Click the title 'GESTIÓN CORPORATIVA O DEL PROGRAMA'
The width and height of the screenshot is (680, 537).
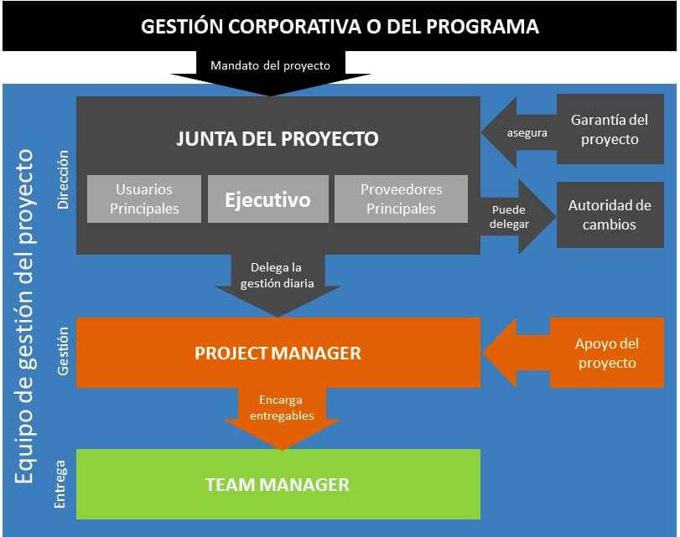click(x=340, y=27)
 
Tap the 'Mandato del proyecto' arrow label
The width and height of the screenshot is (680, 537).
click(x=270, y=65)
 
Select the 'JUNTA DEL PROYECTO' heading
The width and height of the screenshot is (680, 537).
click(x=278, y=139)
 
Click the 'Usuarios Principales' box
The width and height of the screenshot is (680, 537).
click(x=144, y=199)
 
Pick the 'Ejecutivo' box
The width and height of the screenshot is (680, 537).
click(x=268, y=199)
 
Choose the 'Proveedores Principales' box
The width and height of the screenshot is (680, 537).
click(x=401, y=199)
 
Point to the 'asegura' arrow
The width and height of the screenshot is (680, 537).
click(x=519, y=132)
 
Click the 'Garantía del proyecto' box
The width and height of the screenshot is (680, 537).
click(x=610, y=129)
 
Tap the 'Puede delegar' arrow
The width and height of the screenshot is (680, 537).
click(x=517, y=216)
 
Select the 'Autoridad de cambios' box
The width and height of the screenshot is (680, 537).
click(x=610, y=215)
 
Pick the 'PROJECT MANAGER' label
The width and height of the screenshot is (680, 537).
click(x=278, y=353)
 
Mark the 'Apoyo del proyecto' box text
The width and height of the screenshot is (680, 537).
click(x=607, y=353)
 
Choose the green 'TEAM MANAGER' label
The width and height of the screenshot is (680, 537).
click(x=278, y=484)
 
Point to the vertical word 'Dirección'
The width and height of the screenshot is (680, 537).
click(x=64, y=179)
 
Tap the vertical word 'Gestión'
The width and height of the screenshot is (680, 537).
click(x=64, y=351)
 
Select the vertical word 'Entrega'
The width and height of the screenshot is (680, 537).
click(x=60, y=484)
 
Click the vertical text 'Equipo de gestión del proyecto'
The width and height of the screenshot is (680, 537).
click(x=23, y=317)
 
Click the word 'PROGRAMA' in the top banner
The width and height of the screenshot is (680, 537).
click(x=482, y=27)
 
